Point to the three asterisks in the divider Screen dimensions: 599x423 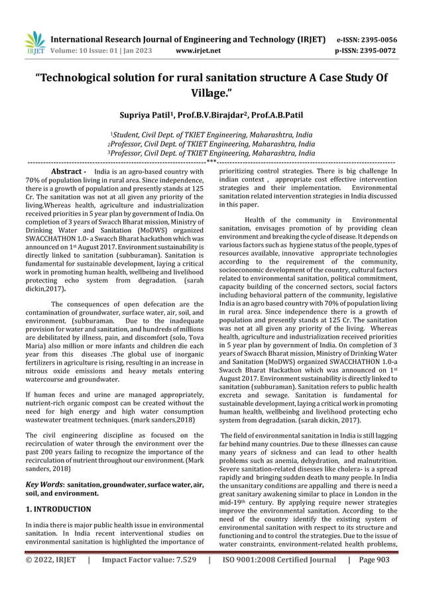tap(211, 161)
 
